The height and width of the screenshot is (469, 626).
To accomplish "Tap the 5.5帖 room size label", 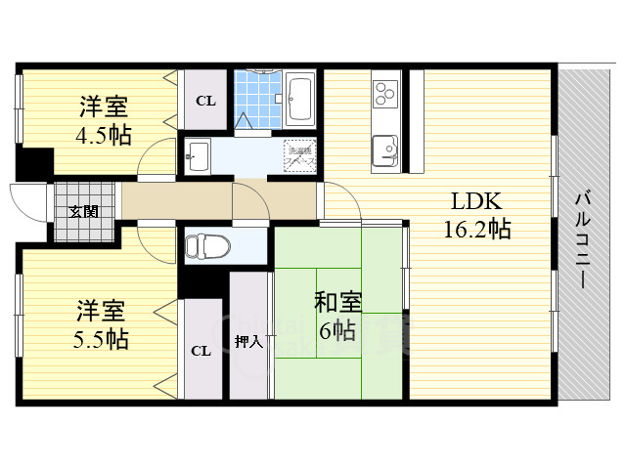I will [102, 340].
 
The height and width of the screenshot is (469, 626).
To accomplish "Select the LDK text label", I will [475, 202].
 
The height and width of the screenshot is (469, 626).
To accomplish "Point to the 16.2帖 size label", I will [476, 231].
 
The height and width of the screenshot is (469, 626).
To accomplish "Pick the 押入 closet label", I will [248, 342].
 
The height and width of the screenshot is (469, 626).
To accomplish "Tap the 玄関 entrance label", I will [81, 211].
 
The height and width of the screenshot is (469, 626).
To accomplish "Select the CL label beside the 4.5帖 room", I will [204, 100].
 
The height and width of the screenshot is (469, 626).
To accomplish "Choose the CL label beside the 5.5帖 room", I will [200, 351].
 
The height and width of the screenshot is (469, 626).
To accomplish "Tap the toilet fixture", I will [205, 244].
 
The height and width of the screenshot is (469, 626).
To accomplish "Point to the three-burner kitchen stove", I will [382, 94].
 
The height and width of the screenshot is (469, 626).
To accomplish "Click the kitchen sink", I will [382, 150].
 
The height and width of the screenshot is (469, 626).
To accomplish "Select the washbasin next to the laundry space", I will [198, 154].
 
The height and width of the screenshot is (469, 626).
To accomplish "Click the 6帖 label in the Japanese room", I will [335, 330].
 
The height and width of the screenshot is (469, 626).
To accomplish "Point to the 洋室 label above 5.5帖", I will [102, 313].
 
